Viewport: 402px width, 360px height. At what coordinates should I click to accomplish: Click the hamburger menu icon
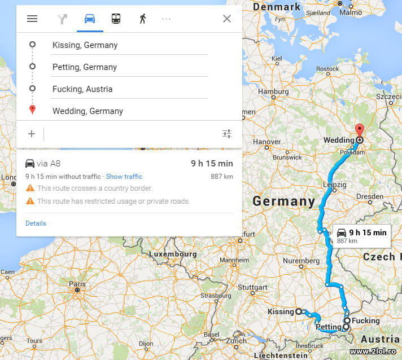click(32, 19)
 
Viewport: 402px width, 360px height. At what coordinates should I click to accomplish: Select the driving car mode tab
click(90, 19)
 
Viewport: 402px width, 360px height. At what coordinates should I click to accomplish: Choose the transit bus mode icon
click(116, 19)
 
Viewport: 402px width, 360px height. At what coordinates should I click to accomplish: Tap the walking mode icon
click(142, 19)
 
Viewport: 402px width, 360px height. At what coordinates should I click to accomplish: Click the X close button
click(227, 19)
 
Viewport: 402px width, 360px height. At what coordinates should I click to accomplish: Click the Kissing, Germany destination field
click(129, 45)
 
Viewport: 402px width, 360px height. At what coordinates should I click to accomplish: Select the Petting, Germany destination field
click(129, 67)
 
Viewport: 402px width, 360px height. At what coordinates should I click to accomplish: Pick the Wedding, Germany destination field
click(129, 111)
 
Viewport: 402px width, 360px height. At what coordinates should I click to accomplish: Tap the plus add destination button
click(32, 134)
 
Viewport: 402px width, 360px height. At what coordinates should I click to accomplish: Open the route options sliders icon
click(227, 134)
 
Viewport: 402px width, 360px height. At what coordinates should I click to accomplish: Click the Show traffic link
click(124, 177)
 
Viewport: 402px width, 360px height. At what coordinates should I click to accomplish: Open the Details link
click(36, 223)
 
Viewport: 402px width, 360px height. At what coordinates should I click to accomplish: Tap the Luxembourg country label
click(173, 254)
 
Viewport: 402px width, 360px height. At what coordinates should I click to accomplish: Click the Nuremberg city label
click(301, 261)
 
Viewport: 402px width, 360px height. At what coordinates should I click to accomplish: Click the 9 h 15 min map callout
click(362, 235)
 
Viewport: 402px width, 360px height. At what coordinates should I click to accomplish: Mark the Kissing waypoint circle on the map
click(299, 311)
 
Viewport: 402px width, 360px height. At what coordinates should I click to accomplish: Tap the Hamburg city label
click(273, 92)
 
